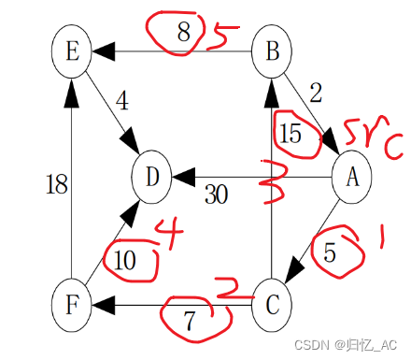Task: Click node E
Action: coord(72,50)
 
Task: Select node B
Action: coord(273,50)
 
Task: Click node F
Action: coord(72,303)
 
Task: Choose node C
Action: coord(273,304)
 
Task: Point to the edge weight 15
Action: coord(291,133)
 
